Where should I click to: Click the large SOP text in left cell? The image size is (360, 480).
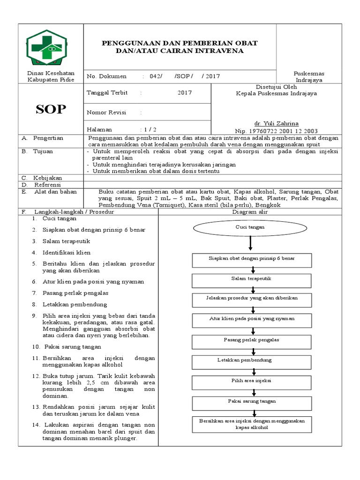click(x=51, y=110)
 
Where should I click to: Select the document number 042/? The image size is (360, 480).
click(x=155, y=76)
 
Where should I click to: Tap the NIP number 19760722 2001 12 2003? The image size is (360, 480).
click(x=283, y=131)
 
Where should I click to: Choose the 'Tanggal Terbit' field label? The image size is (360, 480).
click(x=107, y=93)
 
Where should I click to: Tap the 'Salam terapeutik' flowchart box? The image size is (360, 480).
click(x=251, y=279)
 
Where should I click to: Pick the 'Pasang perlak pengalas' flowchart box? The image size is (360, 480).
click(x=251, y=339)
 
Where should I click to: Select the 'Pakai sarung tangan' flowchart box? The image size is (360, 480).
click(x=251, y=401)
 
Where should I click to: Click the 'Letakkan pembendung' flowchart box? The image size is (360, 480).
click(x=251, y=360)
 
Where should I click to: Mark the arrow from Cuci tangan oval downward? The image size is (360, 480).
click(x=251, y=243)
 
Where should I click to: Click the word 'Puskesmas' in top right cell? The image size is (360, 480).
click(x=308, y=74)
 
